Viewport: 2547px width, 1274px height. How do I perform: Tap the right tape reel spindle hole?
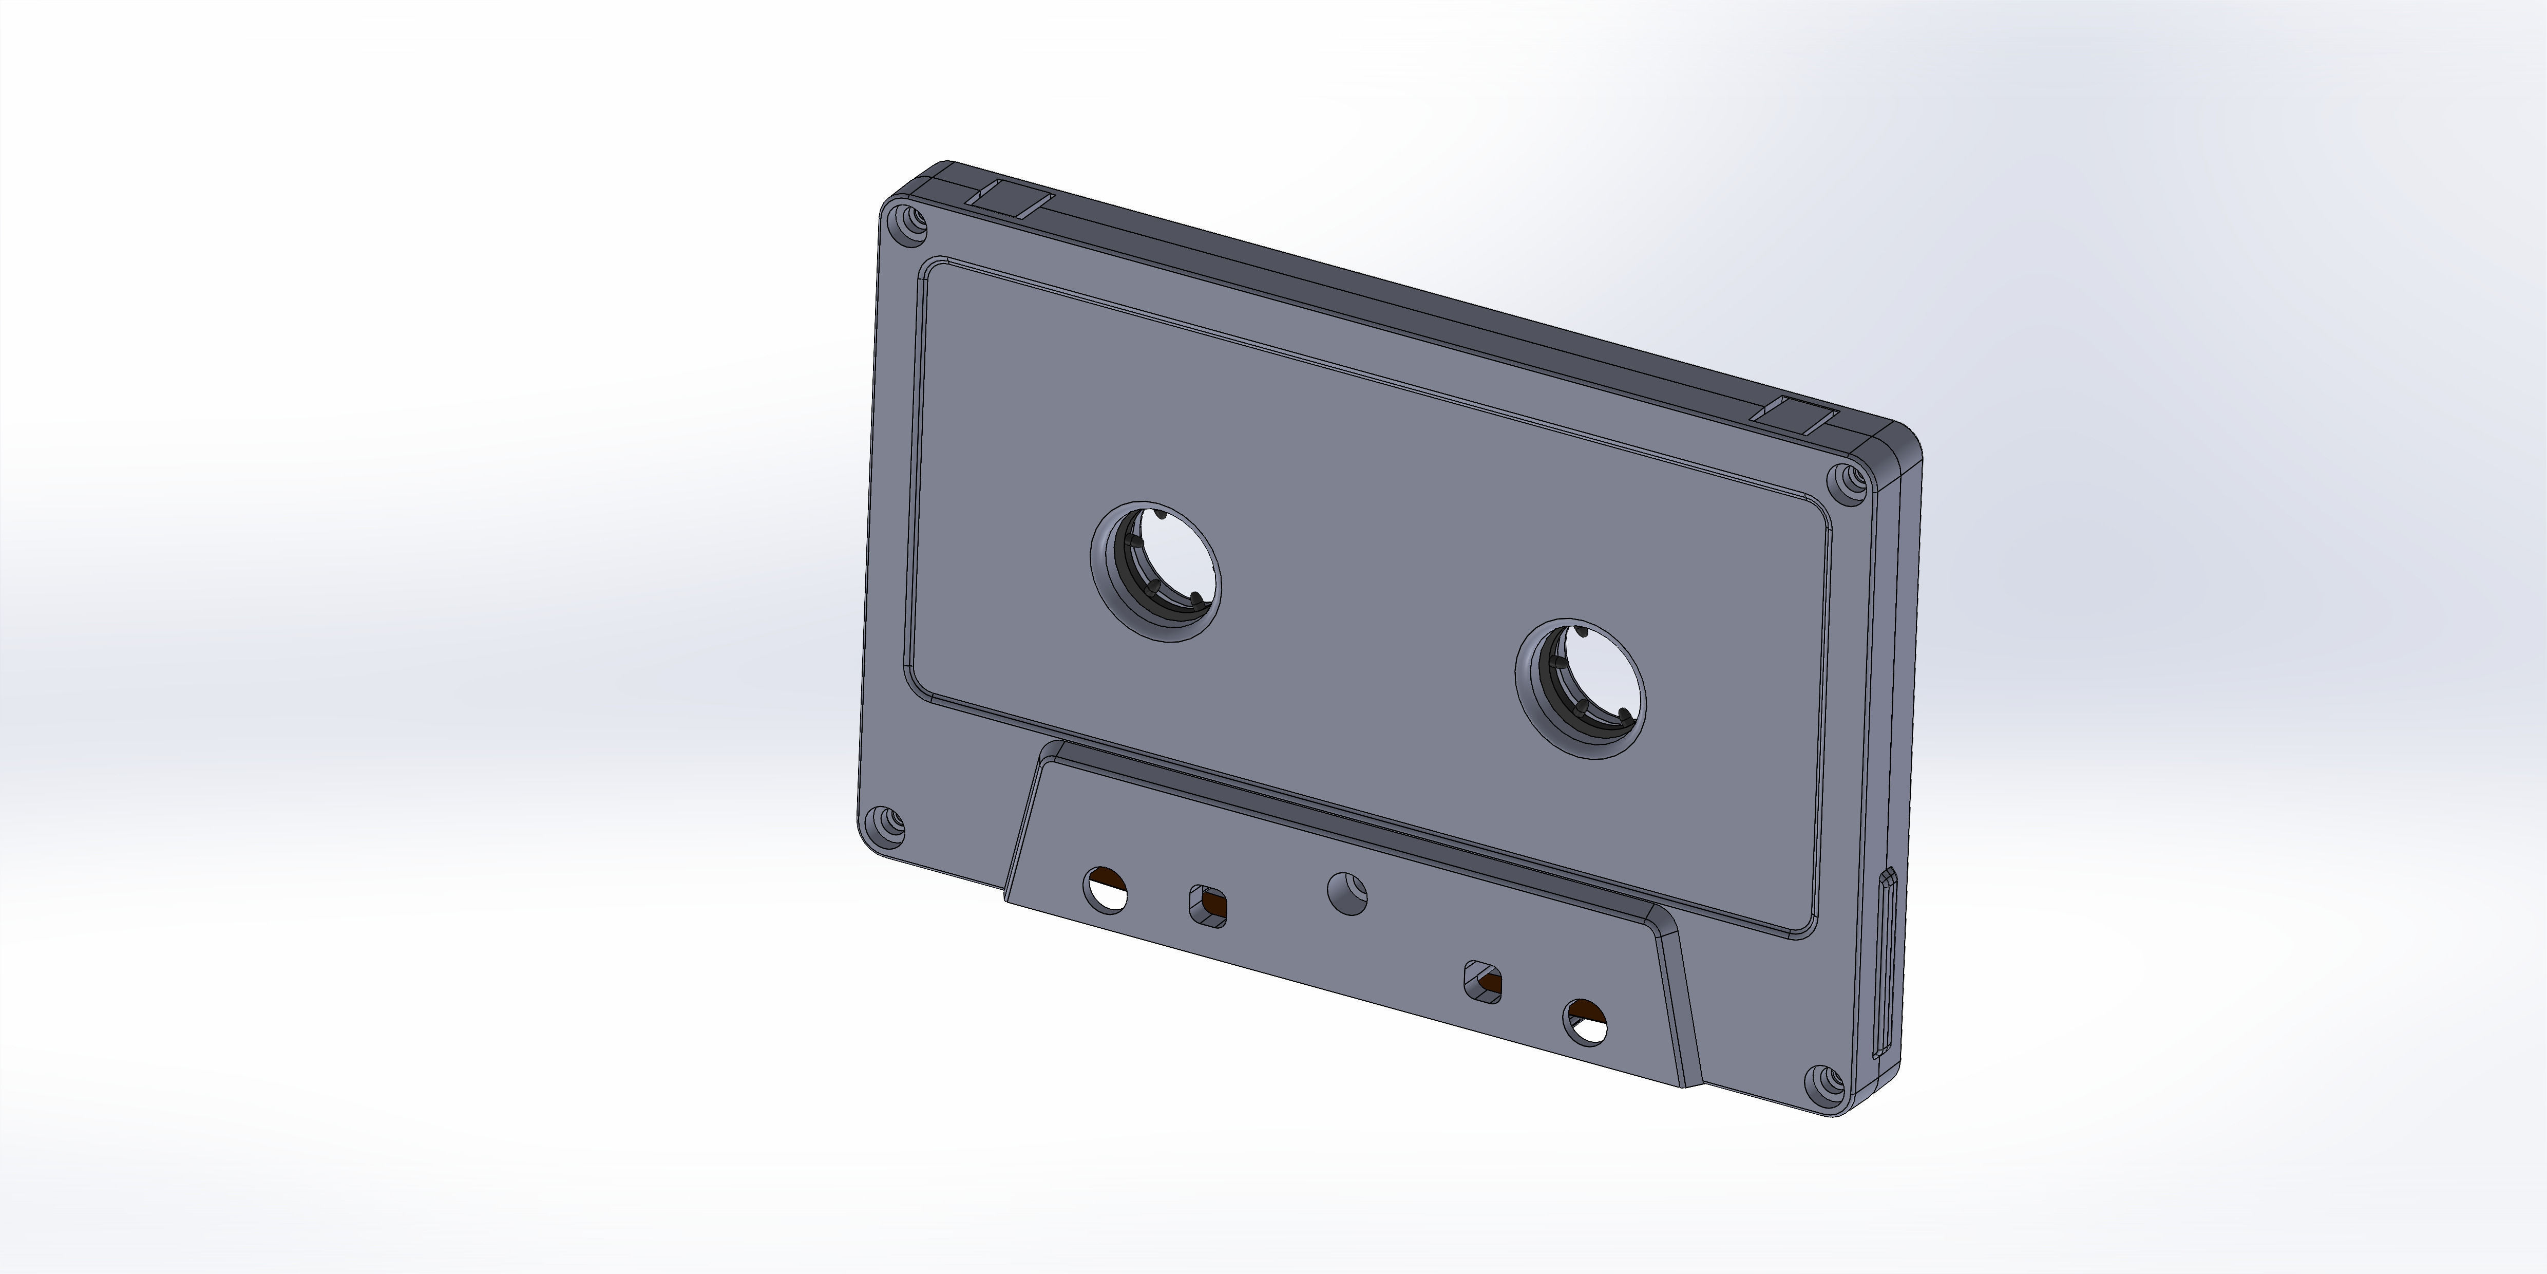(x=1580, y=690)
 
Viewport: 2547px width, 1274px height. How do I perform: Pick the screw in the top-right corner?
(x=1845, y=482)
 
